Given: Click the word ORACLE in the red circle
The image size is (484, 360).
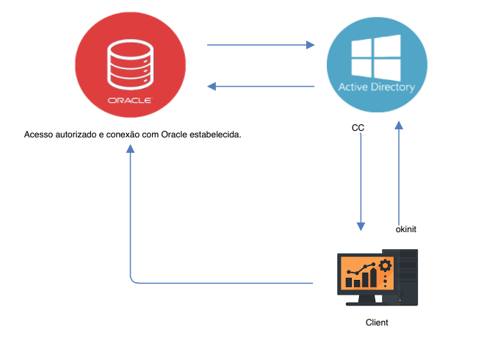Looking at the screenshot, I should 129,98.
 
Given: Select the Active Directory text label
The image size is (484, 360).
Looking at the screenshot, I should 376,87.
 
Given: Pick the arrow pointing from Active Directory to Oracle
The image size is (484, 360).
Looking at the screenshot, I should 261,87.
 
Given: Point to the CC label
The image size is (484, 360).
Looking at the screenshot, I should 358,128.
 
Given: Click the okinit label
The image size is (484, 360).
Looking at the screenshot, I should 406,229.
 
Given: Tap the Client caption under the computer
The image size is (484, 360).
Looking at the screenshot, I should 377,323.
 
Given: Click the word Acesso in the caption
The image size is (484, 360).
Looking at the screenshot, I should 38,135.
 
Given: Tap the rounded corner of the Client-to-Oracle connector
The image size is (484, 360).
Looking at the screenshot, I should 133,280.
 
